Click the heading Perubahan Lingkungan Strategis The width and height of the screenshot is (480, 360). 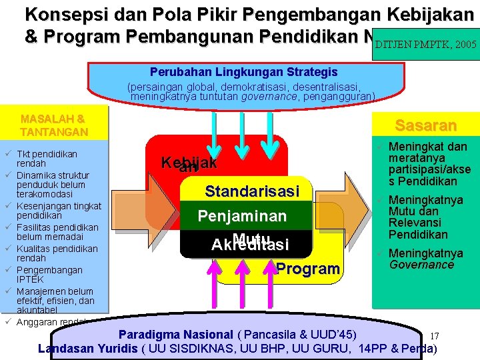pos(243,72)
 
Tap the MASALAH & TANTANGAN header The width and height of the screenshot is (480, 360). pos(54,125)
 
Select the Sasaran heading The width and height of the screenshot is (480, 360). pos(425,125)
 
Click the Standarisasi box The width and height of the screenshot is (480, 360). pos(251,191)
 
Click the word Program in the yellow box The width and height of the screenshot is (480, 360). pos(307,269)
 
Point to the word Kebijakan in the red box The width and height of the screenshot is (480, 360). pos(189,164)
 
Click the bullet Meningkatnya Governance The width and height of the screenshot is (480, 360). pos(425,259)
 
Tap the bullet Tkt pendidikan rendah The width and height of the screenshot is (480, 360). pos(47,158)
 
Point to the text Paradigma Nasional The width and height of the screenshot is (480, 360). pos(175,334)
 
